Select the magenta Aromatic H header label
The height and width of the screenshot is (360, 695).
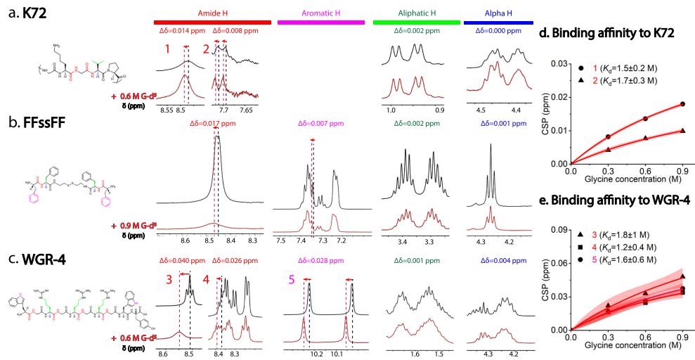320,14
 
